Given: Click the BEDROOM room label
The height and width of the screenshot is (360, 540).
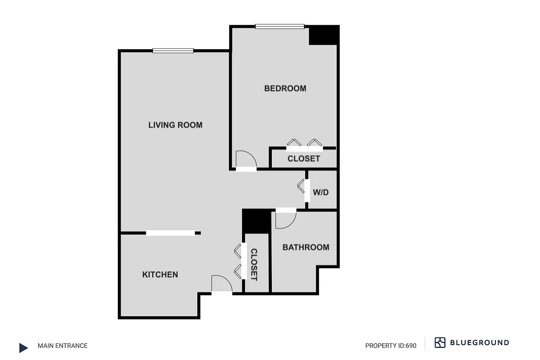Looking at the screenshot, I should click(285, 88).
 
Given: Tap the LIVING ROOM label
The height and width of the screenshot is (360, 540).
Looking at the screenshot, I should click(175, 125).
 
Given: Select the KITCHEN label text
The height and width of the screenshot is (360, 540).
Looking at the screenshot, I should click(160, 274).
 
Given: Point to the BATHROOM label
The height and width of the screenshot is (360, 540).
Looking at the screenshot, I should click(306, 247).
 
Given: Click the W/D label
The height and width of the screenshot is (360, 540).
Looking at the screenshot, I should click(321, 192).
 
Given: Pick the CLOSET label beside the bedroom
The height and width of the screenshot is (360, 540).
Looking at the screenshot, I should click(304, 158).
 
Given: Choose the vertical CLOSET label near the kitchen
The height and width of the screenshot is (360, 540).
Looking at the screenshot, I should click(253, 265).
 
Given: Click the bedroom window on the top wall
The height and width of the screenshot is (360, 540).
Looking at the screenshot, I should click(279, 26).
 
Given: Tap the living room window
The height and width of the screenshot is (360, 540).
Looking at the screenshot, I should click(173, 50).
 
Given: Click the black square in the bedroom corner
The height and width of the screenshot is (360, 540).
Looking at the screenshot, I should click(324, 35).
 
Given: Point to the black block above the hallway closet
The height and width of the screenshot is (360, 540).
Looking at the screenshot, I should click(256, 221).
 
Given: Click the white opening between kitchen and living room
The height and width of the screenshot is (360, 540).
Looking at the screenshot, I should click(171, 233).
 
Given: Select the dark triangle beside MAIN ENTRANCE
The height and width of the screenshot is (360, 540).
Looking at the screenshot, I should click(23, 347).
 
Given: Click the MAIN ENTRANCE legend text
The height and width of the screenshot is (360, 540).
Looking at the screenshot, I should click(63, 346).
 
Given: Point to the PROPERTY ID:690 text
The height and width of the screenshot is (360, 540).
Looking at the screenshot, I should click(391, 346).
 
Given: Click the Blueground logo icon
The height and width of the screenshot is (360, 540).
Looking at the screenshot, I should click(440, 342).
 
